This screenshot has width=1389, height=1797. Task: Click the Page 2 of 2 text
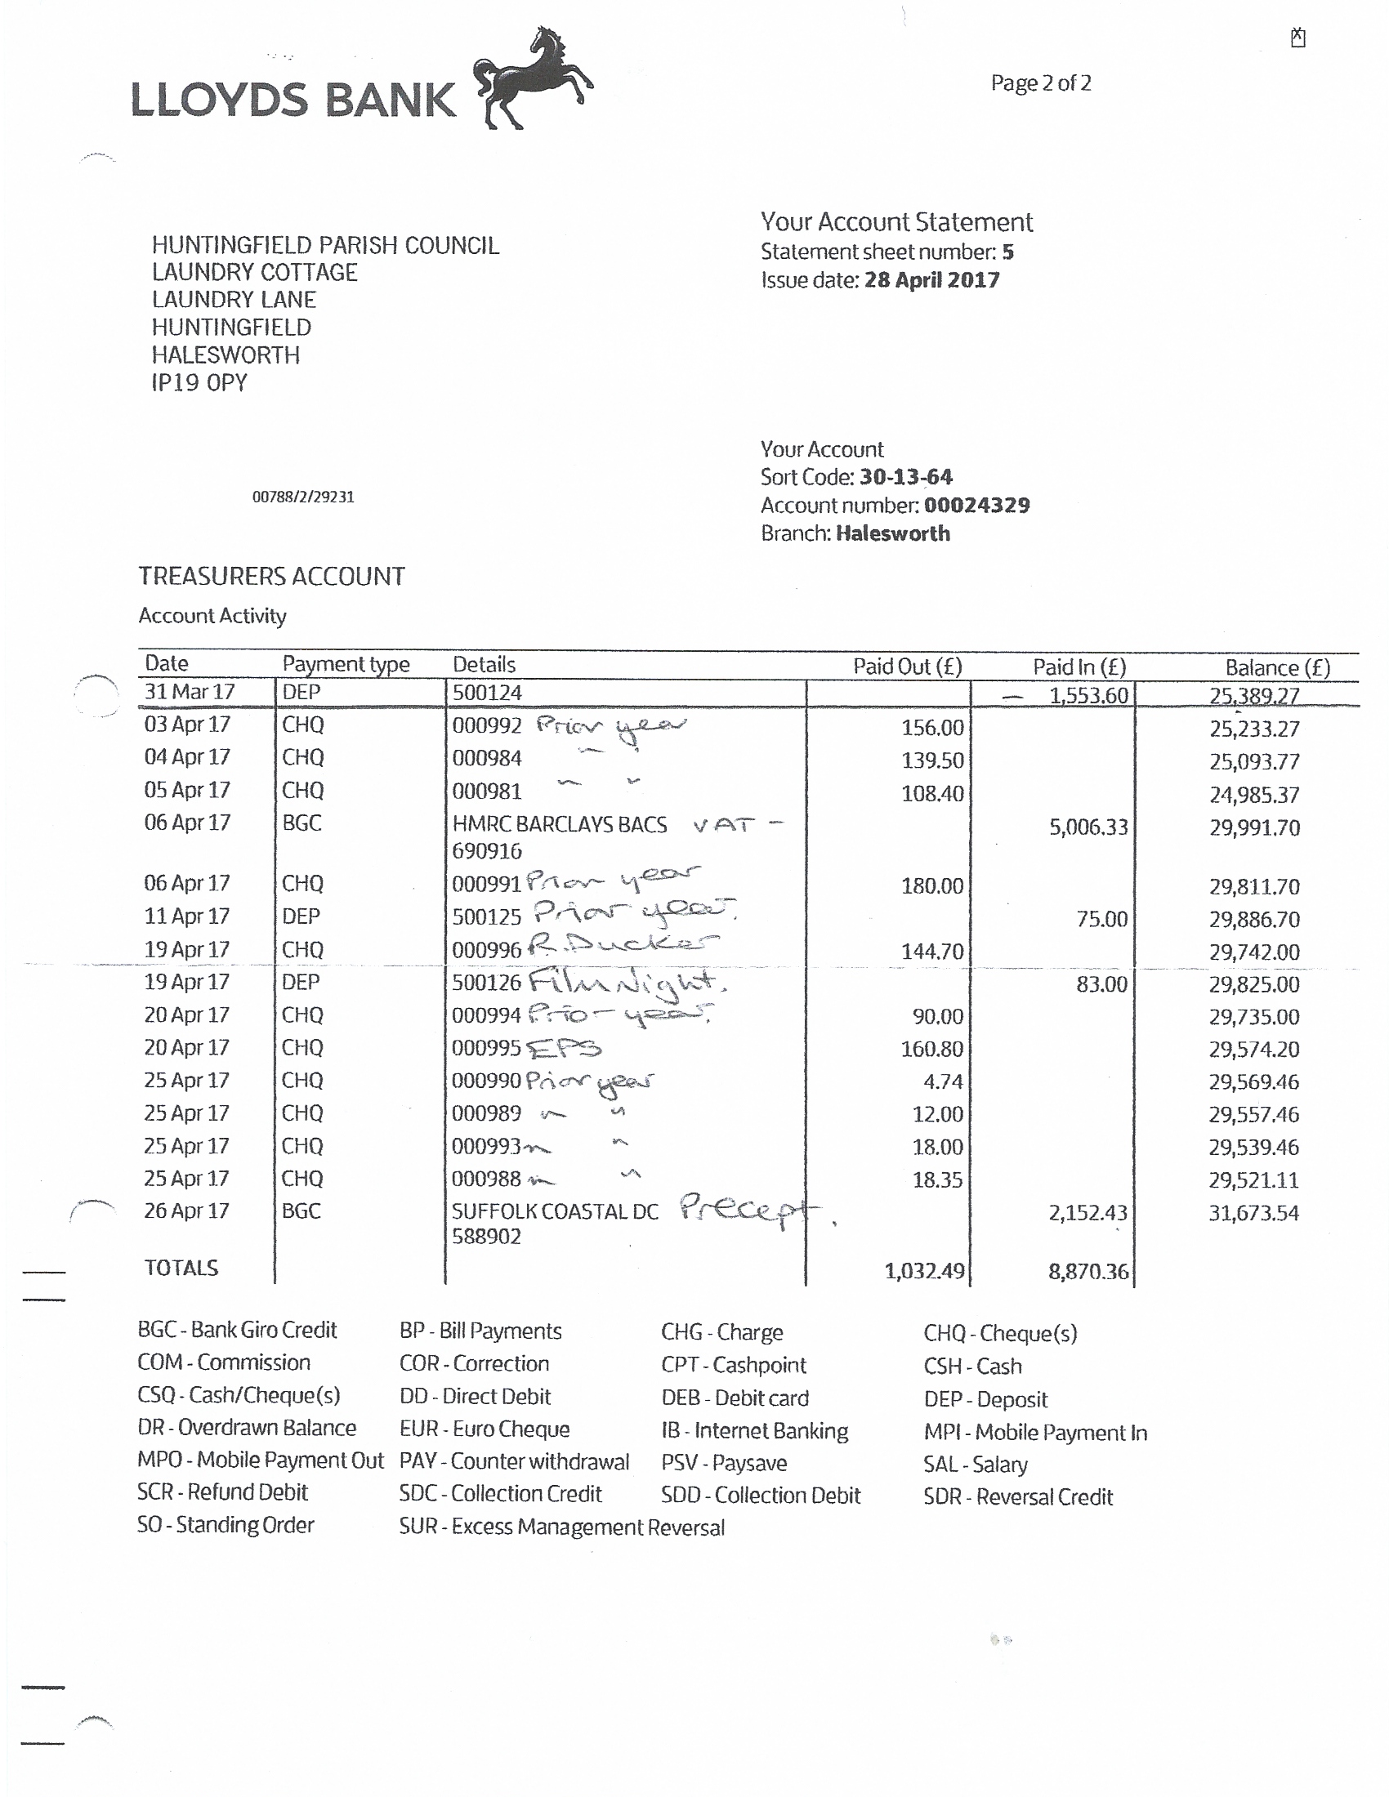click(1040, 83)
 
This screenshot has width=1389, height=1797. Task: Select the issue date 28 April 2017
click(931, 279)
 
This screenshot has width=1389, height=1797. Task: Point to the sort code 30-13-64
click(905, 477)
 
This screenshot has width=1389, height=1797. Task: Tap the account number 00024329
click(976, 505)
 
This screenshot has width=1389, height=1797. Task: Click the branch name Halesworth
click(892, 533)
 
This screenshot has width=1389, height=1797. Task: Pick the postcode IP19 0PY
click(199, 382)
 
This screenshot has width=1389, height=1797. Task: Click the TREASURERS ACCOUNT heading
click(271, 576)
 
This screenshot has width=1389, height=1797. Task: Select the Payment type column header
click(346, 664)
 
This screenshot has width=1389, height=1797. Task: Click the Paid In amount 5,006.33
click(1088, 827)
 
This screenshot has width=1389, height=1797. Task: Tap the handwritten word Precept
click(748, 1210)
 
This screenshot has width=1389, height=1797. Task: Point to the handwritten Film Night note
click(625, 981)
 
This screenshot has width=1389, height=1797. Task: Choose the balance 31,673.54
click(1253, 1213)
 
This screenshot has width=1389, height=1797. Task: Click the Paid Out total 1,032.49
click(924, 1271)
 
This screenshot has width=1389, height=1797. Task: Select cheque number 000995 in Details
click(486, 1047)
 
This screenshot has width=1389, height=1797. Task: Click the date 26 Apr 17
click(187, 1211)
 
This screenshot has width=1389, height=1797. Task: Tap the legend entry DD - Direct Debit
click(475, 1396)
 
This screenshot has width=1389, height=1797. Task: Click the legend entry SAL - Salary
click(975, 1465)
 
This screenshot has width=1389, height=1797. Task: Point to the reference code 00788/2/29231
click(303, 497)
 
